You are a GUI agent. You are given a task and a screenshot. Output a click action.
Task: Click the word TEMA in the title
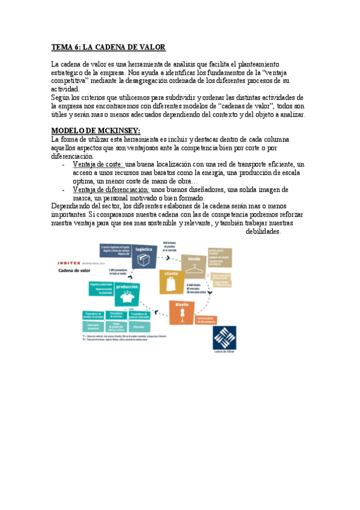pos(61,47)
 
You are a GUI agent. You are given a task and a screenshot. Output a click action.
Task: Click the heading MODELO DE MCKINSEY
pos(96,131)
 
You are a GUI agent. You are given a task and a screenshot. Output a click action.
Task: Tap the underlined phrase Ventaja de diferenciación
pos(111,190)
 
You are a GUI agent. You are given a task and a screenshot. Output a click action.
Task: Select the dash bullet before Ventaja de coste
pos(64,164)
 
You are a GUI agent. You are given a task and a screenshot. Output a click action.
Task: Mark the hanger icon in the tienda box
pos(194,269)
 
